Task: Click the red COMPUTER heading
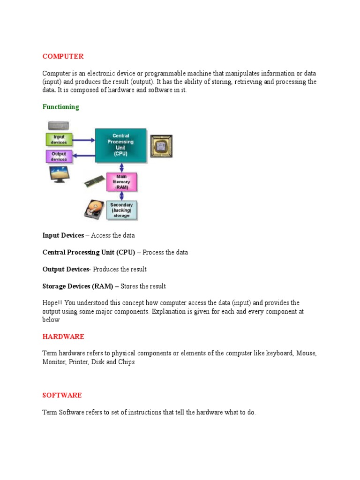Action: [x=63, y=56]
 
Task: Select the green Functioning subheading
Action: [x=61, y=107]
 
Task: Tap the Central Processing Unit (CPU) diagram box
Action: [x=120, y=145]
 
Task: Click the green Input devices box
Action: [x=59, y=139]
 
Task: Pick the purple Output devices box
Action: [x=59, y=156]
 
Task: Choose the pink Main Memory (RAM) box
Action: [x=121, y=182]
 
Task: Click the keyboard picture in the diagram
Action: [x=59, y=126]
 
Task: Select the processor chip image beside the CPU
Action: [x=161, y=146]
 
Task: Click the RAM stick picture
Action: [x=94, y=181]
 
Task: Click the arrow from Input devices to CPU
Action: [x=83, y=139]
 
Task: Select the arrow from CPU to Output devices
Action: [x=83, y=156]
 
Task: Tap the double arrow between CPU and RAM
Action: [x=121, y=167]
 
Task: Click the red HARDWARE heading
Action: [x=63, y=337]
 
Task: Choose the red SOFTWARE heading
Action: [x=62, y=395]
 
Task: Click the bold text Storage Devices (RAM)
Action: [x=77, y=286]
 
